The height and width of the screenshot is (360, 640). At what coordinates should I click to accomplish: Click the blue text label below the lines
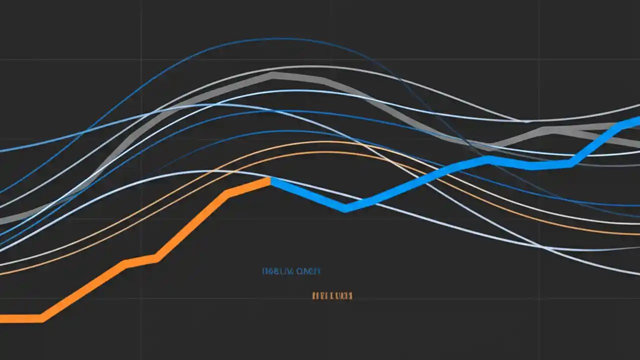coord(291,271)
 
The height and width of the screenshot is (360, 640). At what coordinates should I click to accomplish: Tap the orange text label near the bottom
coord(332,296)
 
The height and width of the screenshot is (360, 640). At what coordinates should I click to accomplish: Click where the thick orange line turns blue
coord(270,180)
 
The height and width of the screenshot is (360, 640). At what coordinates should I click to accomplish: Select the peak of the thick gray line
coord(272,76)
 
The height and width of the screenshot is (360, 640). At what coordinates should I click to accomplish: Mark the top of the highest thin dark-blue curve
coord(285,38)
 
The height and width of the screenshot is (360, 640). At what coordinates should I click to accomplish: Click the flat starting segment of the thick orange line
coord(20,318)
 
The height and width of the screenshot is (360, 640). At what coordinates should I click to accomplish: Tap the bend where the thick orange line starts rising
coord(42,318)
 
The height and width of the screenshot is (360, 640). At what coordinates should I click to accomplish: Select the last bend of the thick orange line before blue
coord(228,193)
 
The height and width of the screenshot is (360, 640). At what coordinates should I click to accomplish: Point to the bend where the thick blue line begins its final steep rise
coord(570,163)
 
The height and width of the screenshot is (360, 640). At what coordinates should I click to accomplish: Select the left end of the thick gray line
coord(2,220)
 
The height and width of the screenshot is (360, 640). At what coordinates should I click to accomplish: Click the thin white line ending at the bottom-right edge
coord(635,273)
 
